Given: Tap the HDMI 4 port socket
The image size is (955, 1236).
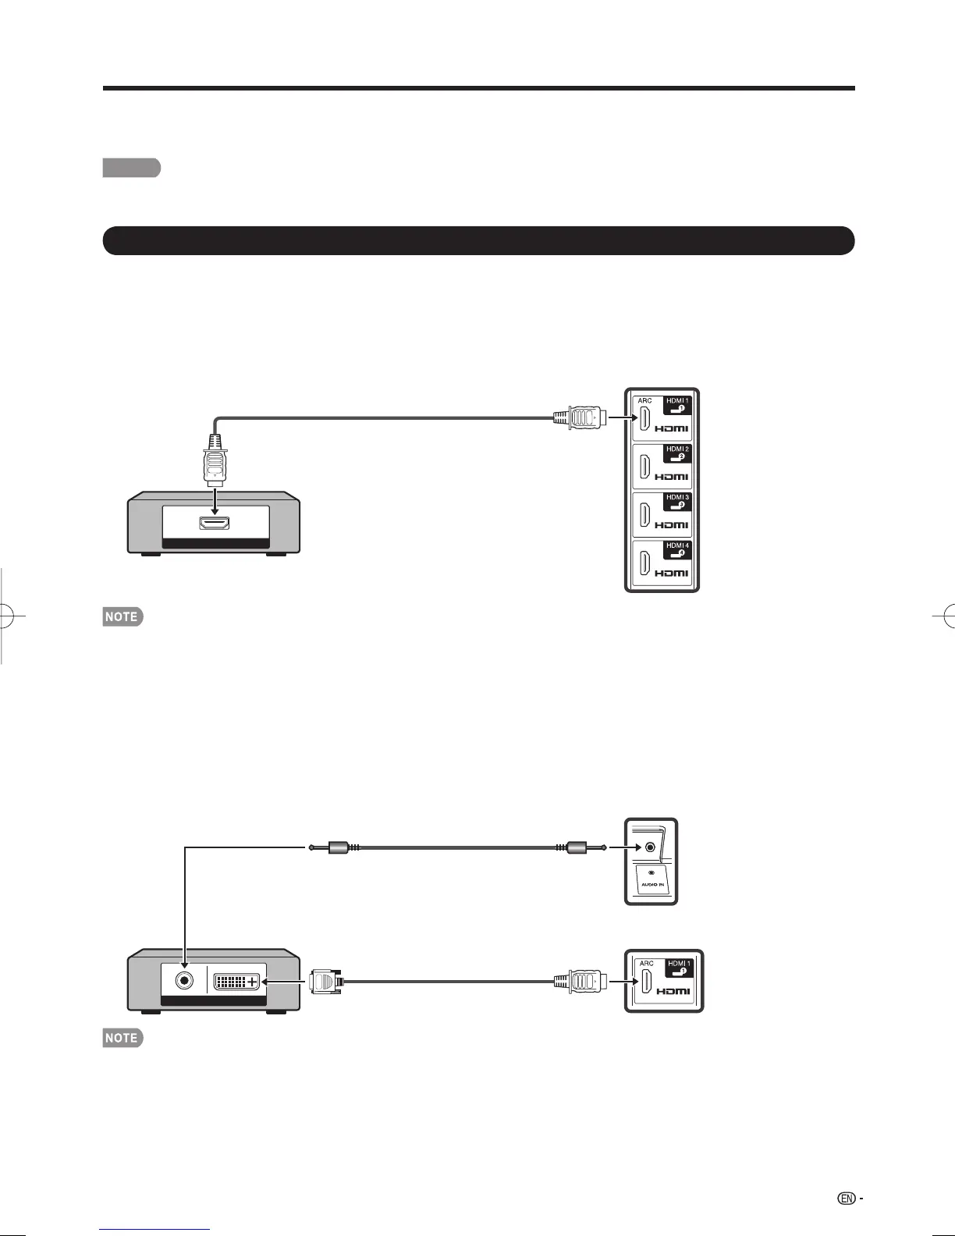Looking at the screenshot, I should click(x=645, y=563).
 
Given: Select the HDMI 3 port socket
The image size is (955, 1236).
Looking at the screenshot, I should click(x=645, y=515).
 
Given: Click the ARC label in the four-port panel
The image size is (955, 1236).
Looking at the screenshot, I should click(x=644, y=401).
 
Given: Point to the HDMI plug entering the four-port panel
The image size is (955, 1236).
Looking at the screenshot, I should click(x=580, y=417).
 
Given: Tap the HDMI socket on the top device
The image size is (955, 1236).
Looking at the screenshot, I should click(x=215, y=524).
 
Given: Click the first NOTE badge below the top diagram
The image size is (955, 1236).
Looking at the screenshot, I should click(x=122, y=616).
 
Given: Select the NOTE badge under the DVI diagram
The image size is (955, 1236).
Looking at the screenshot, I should click(x=122, y=1038).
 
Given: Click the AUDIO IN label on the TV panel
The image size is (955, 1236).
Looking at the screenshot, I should click(x=651, y=885).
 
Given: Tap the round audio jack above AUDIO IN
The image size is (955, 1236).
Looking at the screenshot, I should click(x=650, y=847).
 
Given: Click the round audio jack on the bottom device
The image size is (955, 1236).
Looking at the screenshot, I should click(x=185, y=980).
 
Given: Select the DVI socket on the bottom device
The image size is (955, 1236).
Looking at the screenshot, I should click(x=236, y=981).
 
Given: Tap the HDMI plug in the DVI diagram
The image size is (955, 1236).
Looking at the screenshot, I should click(x=580, y=980).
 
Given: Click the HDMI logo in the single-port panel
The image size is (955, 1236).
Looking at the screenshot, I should click(x=672, y=991).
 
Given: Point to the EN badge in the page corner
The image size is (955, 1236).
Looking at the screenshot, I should click(x=847, y=1198).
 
